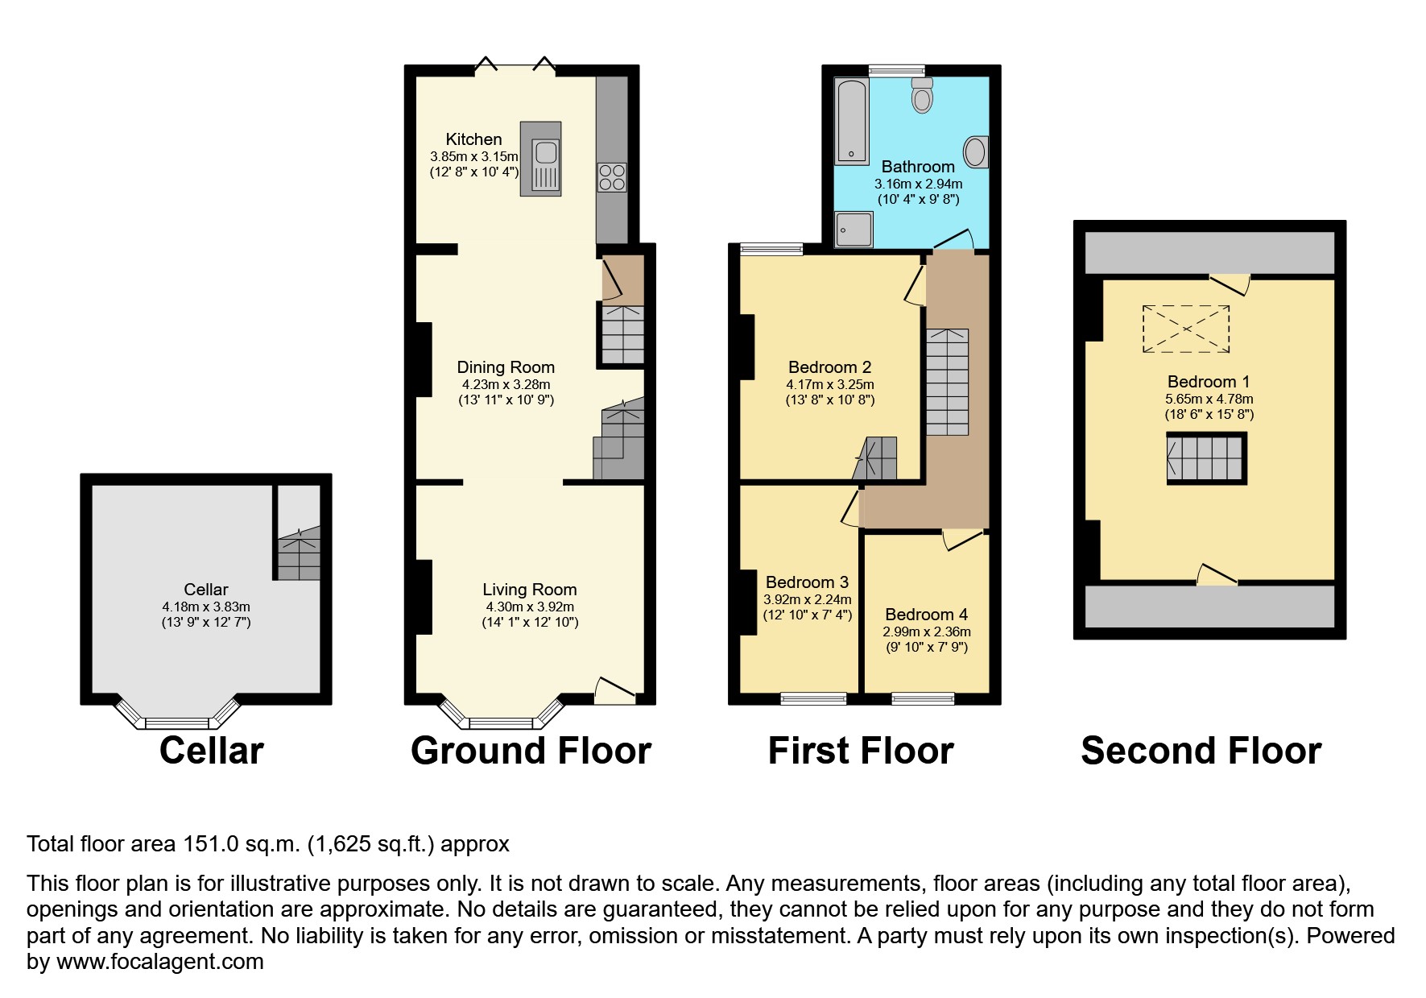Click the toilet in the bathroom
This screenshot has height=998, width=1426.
(922, 96)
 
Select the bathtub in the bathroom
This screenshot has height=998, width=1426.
(850, 121)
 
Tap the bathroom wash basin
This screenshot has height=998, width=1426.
(975, 151)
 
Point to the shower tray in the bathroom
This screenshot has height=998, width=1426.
(854, 229)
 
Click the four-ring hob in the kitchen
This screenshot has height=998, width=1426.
(612, 177)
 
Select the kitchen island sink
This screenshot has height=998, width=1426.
(545, 151)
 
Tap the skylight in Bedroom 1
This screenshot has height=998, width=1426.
(1185, 329)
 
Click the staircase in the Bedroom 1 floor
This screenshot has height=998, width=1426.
(1205, 458)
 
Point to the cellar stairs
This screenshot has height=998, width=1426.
(299, 556)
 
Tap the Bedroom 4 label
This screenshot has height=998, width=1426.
(926, 615)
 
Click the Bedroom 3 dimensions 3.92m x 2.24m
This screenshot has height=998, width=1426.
(807, 599)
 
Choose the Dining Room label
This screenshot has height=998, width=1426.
(506, 367)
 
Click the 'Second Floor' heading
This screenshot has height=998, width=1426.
(1201, 751)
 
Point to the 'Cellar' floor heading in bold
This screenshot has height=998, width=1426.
(211, 751)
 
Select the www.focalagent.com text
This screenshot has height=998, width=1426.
(159, 962)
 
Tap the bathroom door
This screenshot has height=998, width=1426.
(954, 240)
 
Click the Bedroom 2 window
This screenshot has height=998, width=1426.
(771, 249)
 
